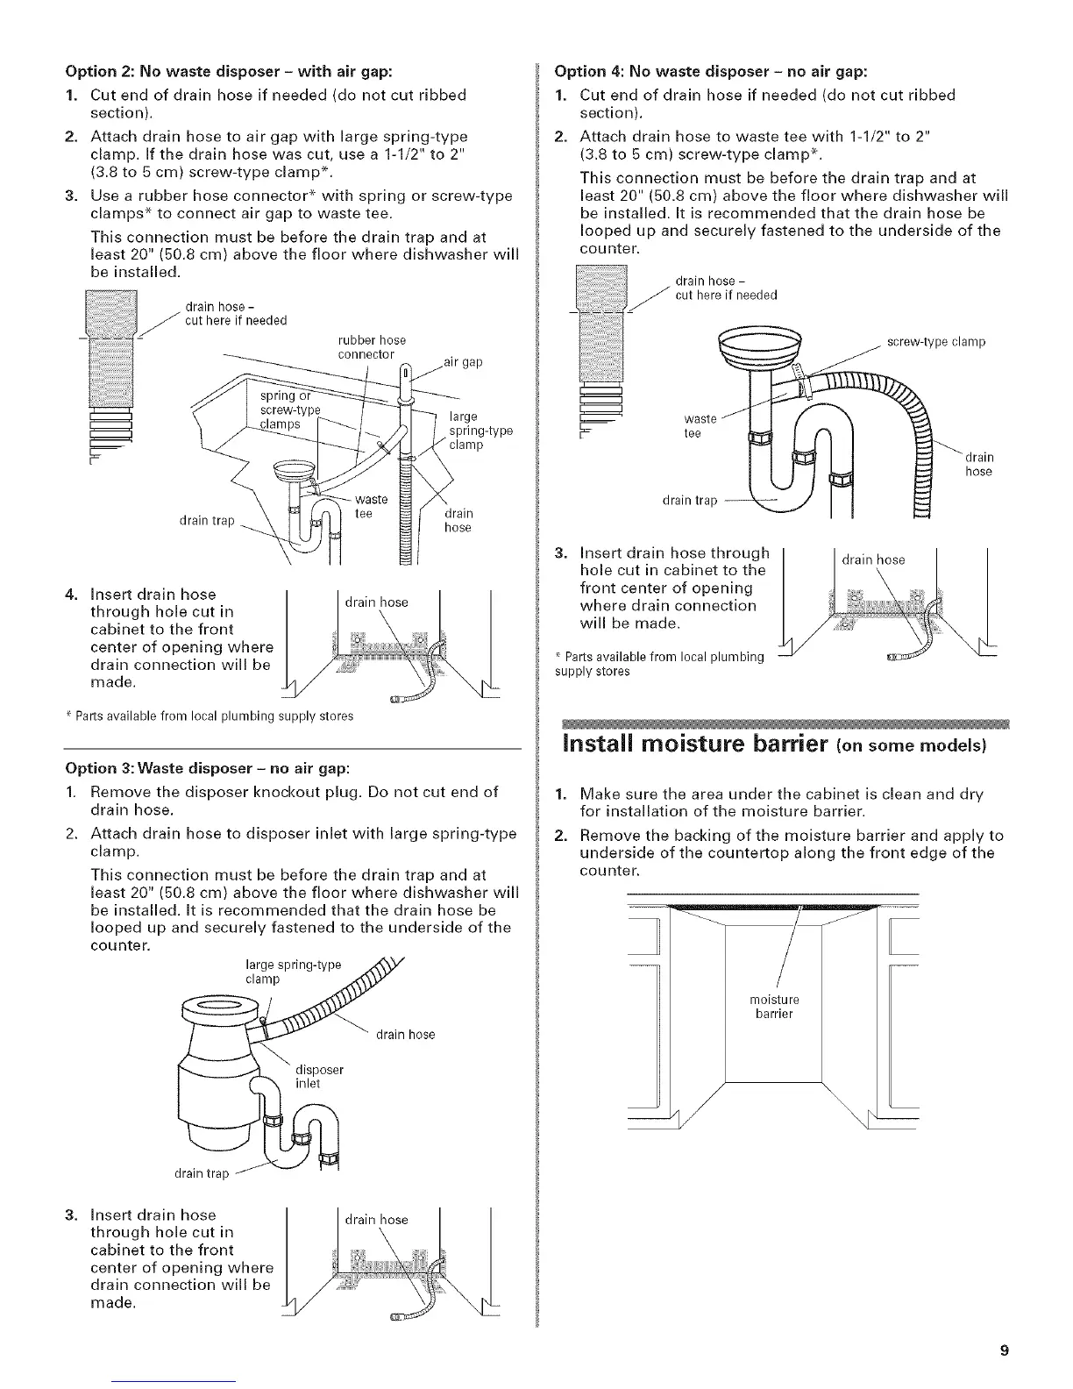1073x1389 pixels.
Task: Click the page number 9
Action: [x=1005, y=1350]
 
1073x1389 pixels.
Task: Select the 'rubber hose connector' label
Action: [x=371, y=347]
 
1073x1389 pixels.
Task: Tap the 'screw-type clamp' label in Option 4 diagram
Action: [x=936, y=342]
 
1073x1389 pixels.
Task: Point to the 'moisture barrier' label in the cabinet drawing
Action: [x=774, y=1007]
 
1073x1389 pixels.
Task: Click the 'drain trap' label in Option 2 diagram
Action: [x=207, y=521]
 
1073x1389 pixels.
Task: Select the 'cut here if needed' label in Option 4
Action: [x=726, y=296]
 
